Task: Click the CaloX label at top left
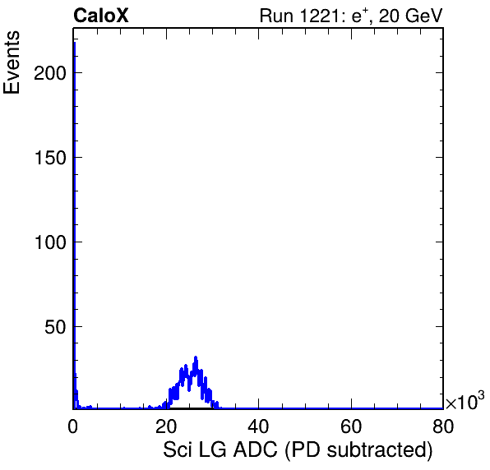pos(101,16)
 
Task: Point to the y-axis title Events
pos(12,62)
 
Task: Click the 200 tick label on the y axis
pos(50,73)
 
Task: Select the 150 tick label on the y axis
pos(50,158)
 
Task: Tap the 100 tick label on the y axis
pos(50,242)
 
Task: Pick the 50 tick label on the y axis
pos(55,327)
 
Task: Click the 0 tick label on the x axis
pos(73,426)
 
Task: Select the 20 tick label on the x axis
pos(166,426)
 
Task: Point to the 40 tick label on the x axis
pos(258,426)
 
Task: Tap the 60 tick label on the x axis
pos(351,426)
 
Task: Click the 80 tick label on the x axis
pos(443,426)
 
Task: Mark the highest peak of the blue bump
pos(196,357)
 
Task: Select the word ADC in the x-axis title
pos(255,450)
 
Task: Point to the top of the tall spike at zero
pos(74,42)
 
